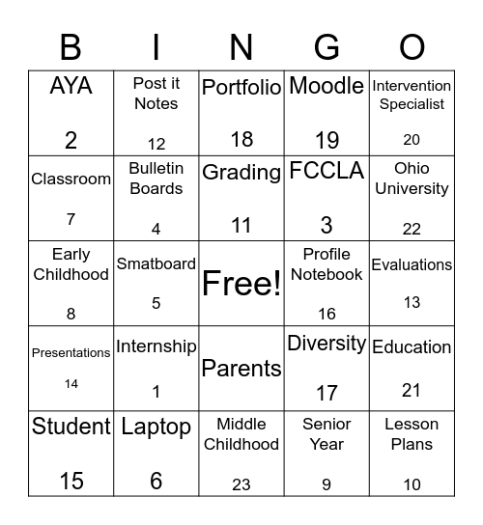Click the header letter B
71,46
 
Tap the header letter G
327,46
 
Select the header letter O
412,46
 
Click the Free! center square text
241,284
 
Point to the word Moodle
327,86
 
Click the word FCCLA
327,172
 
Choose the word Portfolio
241,87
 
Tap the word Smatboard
156,263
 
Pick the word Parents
241,368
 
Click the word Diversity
327,344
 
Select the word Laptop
156,428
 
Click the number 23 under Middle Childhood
241,485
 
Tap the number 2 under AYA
71,140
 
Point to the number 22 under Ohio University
412,228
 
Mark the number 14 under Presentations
71,383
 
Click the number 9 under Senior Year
327,485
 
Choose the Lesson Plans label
412,434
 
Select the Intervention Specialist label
412,95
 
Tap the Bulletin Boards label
156,179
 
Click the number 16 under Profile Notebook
327,314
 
